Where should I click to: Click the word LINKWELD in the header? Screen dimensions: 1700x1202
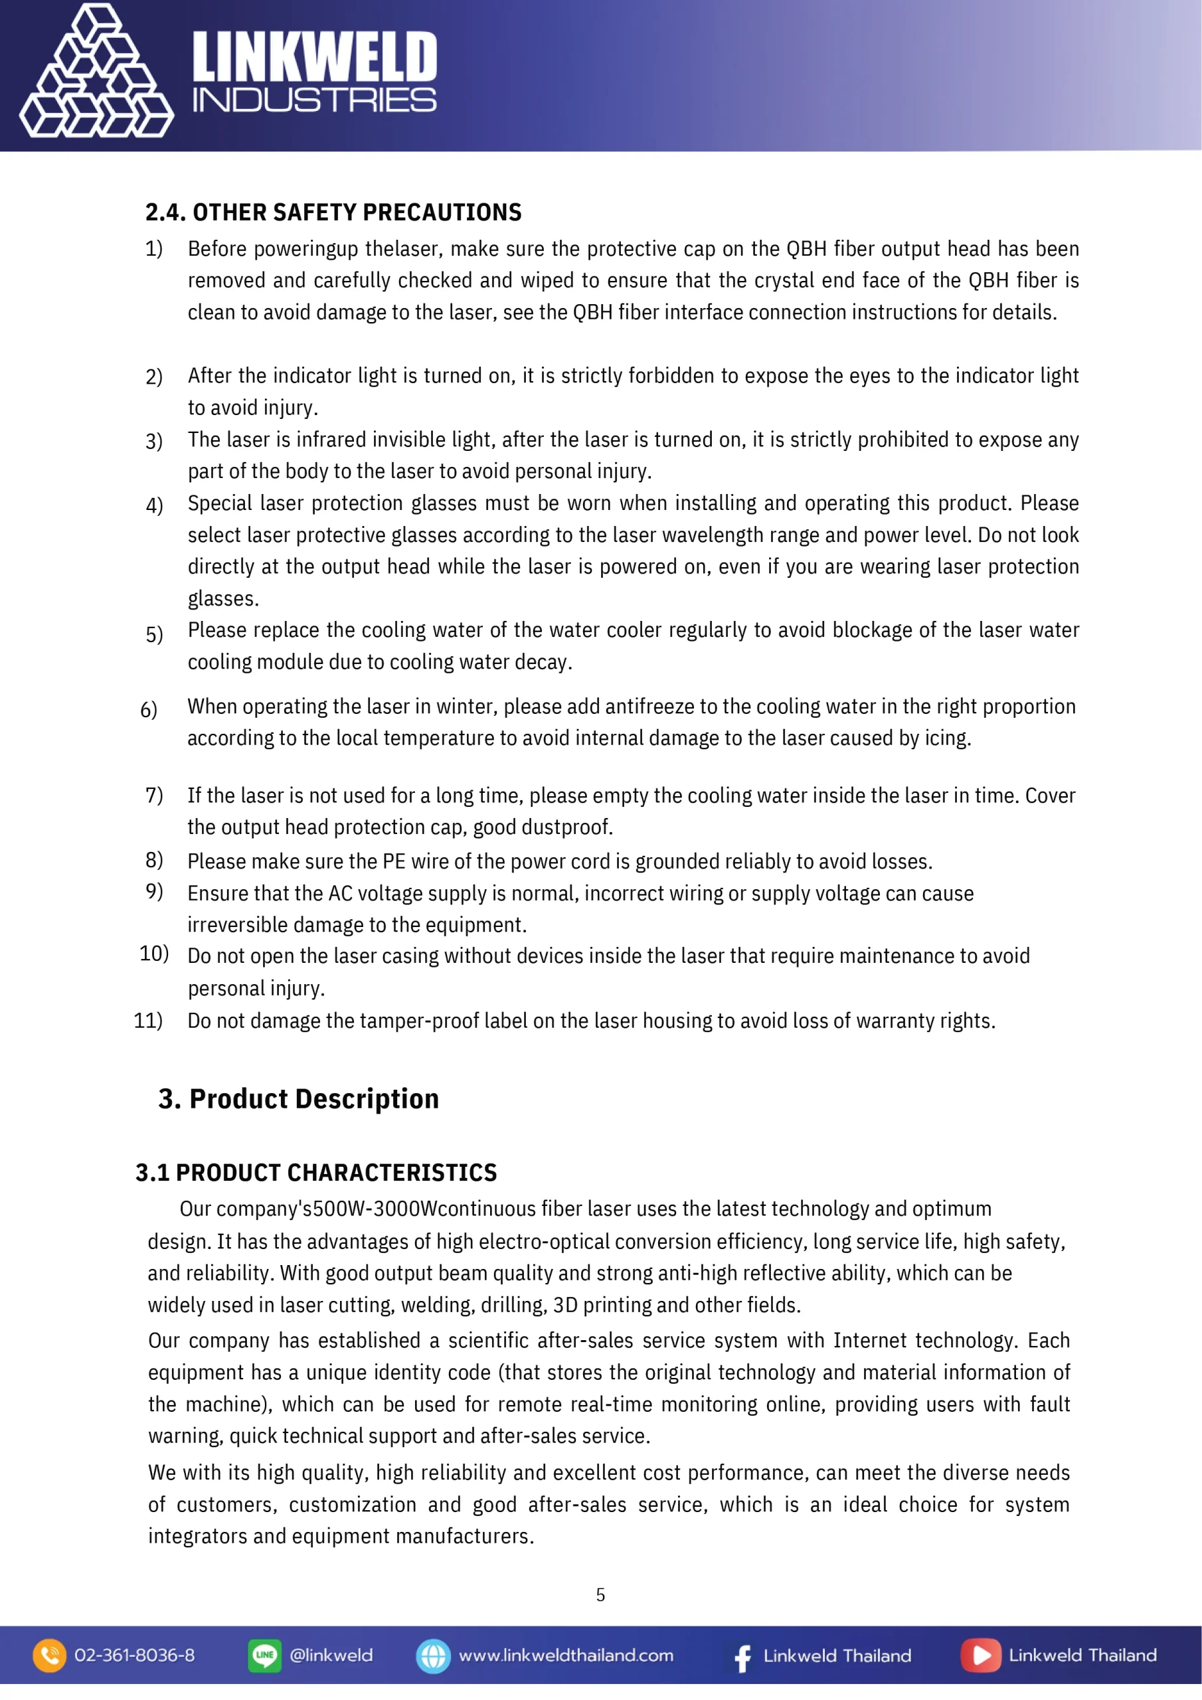(314, 57)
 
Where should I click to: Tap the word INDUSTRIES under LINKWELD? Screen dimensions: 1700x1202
(314, 101)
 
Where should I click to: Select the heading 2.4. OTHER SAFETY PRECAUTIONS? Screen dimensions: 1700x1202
(333, 212)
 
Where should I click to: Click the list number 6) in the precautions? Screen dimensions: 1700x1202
(148, 709)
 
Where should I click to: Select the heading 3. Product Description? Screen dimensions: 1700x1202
(298, 1099)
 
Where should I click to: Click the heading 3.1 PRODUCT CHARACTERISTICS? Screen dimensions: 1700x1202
(316, 1173)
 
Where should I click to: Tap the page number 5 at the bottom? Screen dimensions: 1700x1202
(600, 1595)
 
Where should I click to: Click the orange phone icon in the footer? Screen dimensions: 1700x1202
(50, 1656)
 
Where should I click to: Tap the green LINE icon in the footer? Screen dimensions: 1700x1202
(264, 1656)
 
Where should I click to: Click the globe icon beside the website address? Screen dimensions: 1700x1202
(433, 1656)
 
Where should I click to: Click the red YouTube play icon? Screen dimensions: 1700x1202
(981, 1656)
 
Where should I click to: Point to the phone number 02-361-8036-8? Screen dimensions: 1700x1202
(134, 1656)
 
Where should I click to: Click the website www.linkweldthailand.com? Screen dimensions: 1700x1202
(566, 1656)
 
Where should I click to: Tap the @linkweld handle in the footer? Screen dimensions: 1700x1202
(331, 1656)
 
